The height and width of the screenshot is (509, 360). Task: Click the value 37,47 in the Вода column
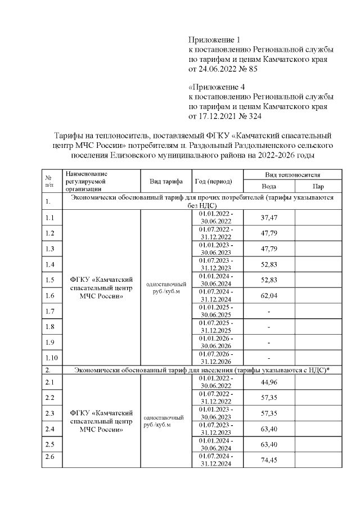(x=269, y=217)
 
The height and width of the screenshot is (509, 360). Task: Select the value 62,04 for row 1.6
(x=269, y=295)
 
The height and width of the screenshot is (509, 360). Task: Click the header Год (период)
(x=217, y=181)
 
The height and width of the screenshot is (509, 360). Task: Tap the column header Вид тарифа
(x=166, y=181)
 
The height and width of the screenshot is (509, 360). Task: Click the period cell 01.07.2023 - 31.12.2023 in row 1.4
(x=217, y=264)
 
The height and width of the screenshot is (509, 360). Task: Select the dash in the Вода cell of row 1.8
(x=269, y=327)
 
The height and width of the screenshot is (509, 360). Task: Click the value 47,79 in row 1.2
(x=269, y=233)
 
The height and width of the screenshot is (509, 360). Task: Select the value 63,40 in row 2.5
(x=269, y=444)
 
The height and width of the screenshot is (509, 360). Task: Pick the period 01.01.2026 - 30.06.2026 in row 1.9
(x=217, y=342)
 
